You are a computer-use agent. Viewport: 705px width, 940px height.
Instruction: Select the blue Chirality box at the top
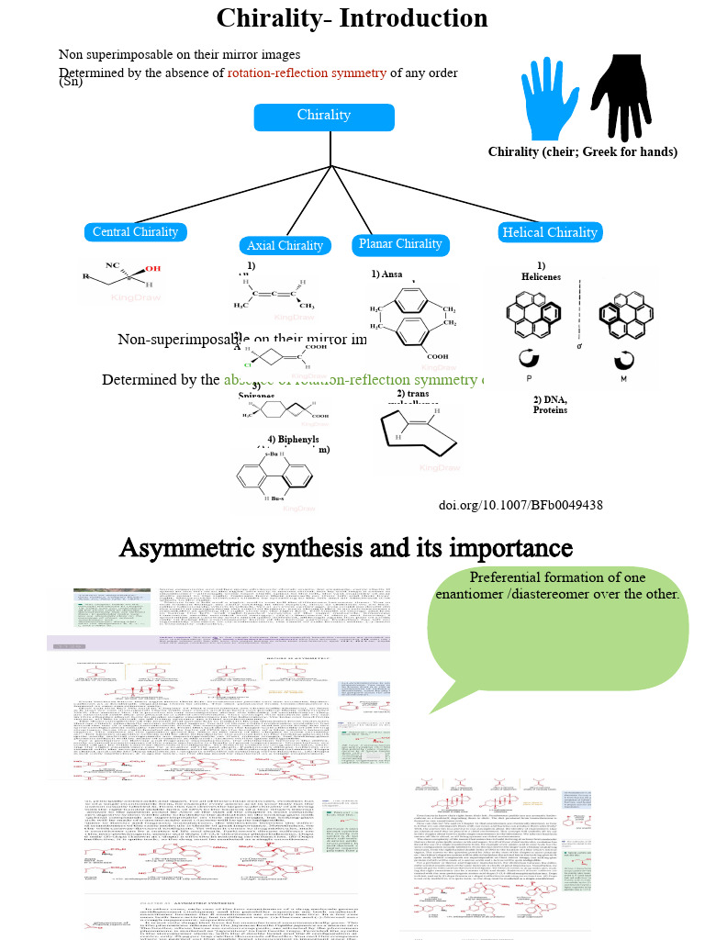[x=324, y=117]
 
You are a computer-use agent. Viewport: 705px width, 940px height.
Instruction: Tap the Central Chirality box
[x=136, y=232]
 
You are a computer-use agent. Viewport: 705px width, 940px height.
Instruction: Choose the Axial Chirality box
[x=285, y=245]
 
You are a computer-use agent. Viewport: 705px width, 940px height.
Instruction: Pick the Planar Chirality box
[x=400, y=244]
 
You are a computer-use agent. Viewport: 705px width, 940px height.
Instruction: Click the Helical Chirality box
[x=550, y=233]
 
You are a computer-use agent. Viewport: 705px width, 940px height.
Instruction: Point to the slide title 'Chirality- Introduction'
[x=352, y=18]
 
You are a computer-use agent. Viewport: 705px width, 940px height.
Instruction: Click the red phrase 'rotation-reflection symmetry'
[x=307, y=73]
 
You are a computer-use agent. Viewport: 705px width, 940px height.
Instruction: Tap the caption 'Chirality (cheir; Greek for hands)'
[x=583, y=152]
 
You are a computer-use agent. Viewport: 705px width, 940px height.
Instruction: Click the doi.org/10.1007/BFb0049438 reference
[x=520, y=505]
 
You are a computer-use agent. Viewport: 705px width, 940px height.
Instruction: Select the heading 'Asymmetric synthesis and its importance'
[x=346, y=548]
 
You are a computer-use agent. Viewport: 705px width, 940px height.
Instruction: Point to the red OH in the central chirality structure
[x=152, y=268]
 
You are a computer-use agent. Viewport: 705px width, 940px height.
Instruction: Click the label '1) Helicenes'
[x=541, y=272]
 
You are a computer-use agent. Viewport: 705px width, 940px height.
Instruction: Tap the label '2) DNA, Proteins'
[x=550, y=404]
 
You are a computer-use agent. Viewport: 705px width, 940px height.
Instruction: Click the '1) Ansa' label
[x=386, y=274]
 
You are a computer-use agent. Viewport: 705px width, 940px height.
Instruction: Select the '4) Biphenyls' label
[x=293, y=440]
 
